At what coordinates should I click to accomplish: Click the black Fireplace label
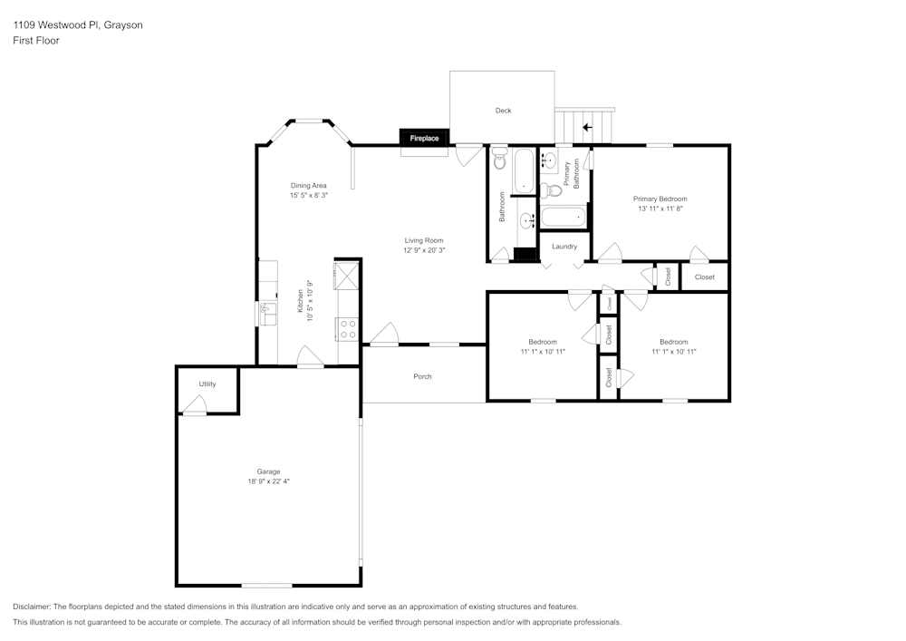point(424,138)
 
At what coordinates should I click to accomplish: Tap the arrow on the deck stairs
point(587,127)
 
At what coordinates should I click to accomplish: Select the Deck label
point(503,111)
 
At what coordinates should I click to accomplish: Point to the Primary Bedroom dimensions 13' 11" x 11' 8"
point(660,209)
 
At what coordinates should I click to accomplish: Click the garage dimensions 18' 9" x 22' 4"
point(268,481)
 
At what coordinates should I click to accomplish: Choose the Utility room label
point(207,384)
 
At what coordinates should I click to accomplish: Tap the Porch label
point(422,376)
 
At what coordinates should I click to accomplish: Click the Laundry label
point(564,247)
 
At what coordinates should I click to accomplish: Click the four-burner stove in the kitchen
point(347,328)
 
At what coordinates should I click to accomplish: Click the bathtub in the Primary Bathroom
point(564,217)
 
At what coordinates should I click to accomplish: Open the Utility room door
point(194,410)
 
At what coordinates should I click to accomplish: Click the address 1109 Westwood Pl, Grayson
point(77,25)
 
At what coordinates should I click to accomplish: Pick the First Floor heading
point(36,41)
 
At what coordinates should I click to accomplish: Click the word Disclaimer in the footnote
point(33,607)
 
